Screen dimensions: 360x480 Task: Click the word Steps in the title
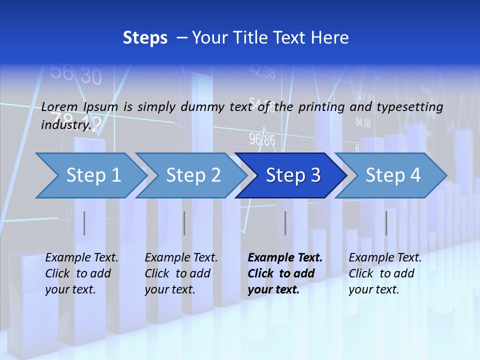[x=145, y=38]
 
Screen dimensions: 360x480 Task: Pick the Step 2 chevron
[x=193, y=175]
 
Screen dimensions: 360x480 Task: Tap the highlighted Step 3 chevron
[x=293, y=175]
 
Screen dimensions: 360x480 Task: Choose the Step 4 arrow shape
[x=393, y=175]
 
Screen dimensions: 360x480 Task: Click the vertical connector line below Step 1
[x=84, y=223]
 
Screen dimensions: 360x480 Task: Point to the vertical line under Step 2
[x=184, y=223]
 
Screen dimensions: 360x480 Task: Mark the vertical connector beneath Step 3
[x=285, y=223]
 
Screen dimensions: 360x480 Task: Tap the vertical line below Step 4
[x=386, y=223]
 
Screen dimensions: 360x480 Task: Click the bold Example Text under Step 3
[x=285, y=273]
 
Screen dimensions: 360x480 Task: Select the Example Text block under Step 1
[x=81, y=273]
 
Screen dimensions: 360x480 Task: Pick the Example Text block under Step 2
[x=181, y=273]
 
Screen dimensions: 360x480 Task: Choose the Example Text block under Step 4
[x=385, y=273]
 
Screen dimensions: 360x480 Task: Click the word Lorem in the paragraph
[x=59, y=106]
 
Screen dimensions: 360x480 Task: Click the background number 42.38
[x=262, y=73]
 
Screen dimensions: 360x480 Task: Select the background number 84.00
[x=363, y=122]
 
